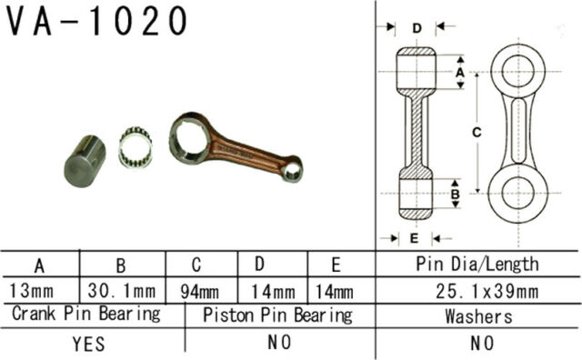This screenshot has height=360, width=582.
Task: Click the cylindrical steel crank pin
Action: pyautogui.click(x=85, y=161)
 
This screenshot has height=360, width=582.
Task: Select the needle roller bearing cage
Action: pyautogui.click(x=135, y=147)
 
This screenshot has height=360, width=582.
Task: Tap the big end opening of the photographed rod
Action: pyautogui.click(x=189, y=138)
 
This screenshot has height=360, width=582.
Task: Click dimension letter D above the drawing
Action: pyautogui.click(x=416, y=28)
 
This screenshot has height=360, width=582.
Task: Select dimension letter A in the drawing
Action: pyautogui.click(x=460, y=72)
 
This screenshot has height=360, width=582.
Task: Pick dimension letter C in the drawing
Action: pyautogui.click(x=477, y=132)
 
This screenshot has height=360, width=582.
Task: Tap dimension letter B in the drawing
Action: pyautogui.click(x=455, y=194)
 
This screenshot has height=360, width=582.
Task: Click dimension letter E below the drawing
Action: pyautogui.click(x=415, y=238)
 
